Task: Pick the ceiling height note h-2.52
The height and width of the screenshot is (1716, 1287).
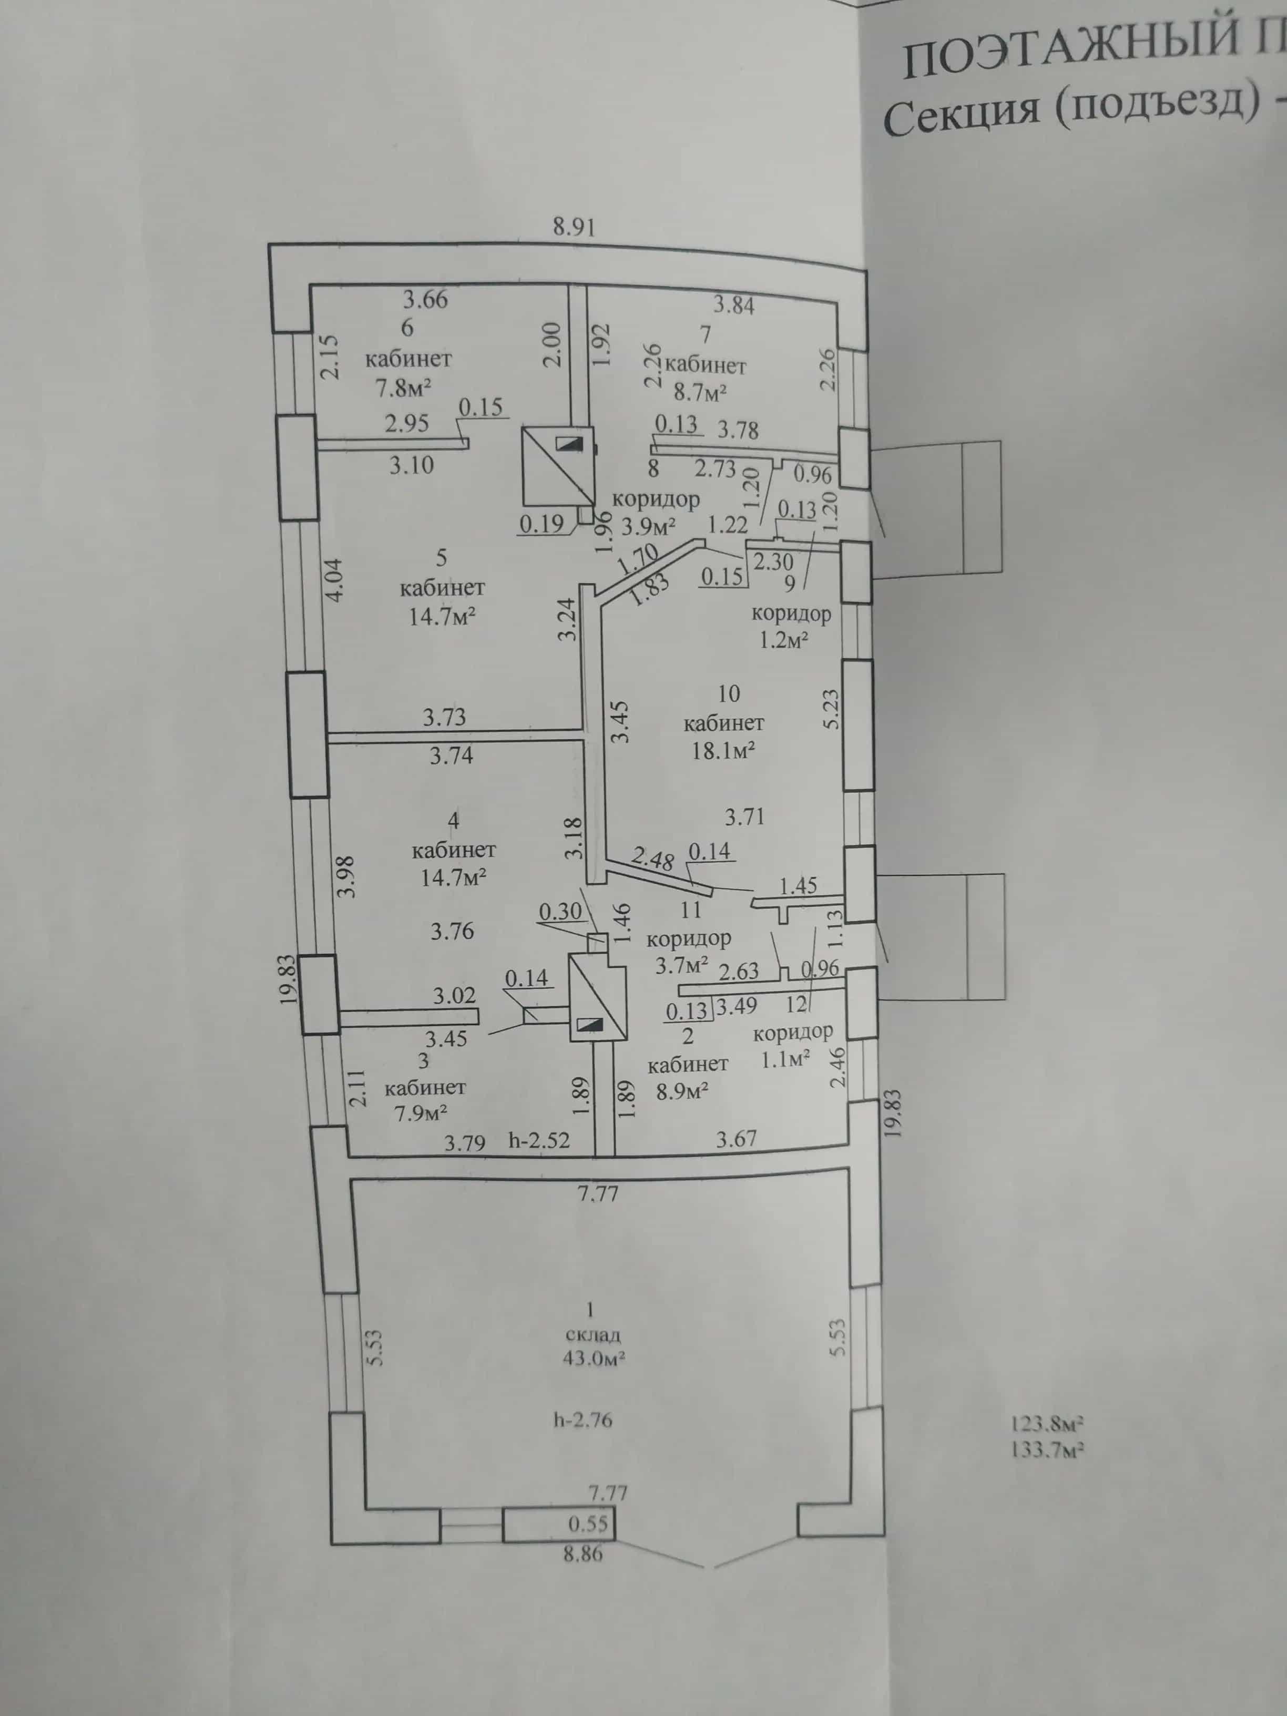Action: point(539,1140)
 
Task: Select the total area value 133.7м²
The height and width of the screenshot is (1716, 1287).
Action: point(1047,1448)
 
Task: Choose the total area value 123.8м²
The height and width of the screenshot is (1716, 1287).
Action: point(1047,1424)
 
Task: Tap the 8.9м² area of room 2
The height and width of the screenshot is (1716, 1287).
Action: point(683,1091)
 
